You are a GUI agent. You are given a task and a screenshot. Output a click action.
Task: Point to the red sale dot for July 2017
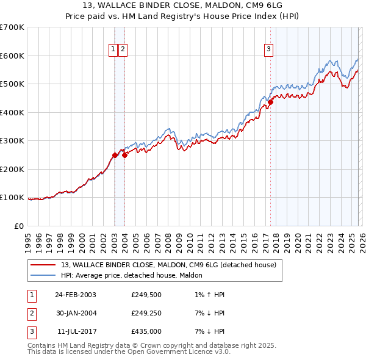[270, 102]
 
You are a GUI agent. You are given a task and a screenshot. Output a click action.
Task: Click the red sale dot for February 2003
[115, 155]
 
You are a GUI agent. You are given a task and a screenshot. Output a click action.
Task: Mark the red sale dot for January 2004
[124, 155]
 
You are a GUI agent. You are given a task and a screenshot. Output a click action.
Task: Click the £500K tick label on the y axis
[12, 84]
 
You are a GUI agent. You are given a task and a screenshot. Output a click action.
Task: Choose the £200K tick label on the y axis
[12, 169]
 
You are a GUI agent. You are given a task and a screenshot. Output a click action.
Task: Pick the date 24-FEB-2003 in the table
[76, 295]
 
